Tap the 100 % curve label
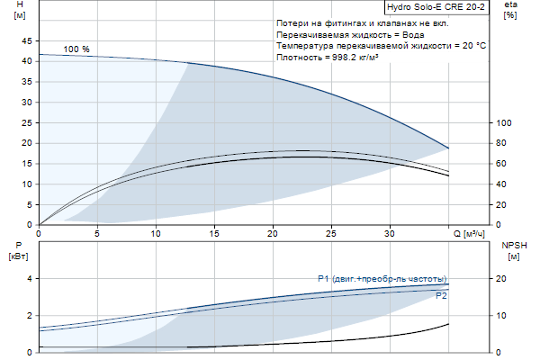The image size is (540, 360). click(x=76, y=49)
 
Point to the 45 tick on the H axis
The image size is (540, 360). click(x=25, y=40)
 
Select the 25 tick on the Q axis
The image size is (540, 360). click(x=331, y=234)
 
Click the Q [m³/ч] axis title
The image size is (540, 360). click(x=469, y=234)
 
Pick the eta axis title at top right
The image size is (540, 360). click(x=510, y=10)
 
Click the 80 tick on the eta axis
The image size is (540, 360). click(x=504, y=143)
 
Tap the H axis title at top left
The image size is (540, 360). click(x=20, y=10)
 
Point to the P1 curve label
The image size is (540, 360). click(x=382, y=278)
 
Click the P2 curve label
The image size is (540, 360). click(x=441, y=295)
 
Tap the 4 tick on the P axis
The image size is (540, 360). click(x=28, y=279)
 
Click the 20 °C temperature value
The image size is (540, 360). click(x=468, y=45)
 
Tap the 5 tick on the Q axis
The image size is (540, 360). click(x=97, y=234)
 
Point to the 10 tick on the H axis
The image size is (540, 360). click(x=25, y=184)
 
